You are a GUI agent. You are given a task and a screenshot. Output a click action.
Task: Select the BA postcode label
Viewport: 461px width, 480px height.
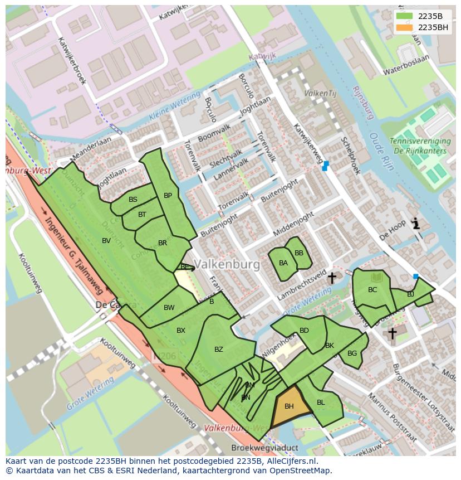coord(283,263)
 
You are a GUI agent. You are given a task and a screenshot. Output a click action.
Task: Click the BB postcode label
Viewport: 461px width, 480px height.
coord(299,253)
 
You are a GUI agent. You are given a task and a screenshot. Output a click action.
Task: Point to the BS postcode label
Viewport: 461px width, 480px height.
coord(133,200)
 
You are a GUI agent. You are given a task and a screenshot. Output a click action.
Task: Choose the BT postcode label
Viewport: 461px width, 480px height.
coord(142,215)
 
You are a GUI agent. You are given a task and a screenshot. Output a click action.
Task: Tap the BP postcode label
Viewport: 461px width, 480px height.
coord(168,196)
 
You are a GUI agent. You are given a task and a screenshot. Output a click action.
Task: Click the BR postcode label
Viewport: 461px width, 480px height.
coord(163,243)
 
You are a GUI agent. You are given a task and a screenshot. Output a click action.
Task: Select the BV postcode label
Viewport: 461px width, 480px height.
coord(106,241)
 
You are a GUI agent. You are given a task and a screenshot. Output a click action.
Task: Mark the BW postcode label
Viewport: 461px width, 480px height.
coord(169,308)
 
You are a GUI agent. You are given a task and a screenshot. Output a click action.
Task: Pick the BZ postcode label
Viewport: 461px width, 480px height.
coord(219,350)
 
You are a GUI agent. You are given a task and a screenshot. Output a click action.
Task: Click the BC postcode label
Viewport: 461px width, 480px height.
coord(372,290)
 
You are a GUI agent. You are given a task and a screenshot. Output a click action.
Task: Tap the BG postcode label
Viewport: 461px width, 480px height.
coord(352,353)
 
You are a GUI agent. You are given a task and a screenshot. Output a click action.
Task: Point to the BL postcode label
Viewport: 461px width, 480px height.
coord(321,403)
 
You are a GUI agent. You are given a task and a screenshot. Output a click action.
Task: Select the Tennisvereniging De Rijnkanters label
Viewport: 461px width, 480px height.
coord(418,146)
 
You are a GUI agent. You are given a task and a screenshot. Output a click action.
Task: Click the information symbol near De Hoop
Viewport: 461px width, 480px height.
coord(415,224)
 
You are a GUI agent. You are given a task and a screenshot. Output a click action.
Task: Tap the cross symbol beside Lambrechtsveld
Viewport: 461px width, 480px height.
coord(332,277)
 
